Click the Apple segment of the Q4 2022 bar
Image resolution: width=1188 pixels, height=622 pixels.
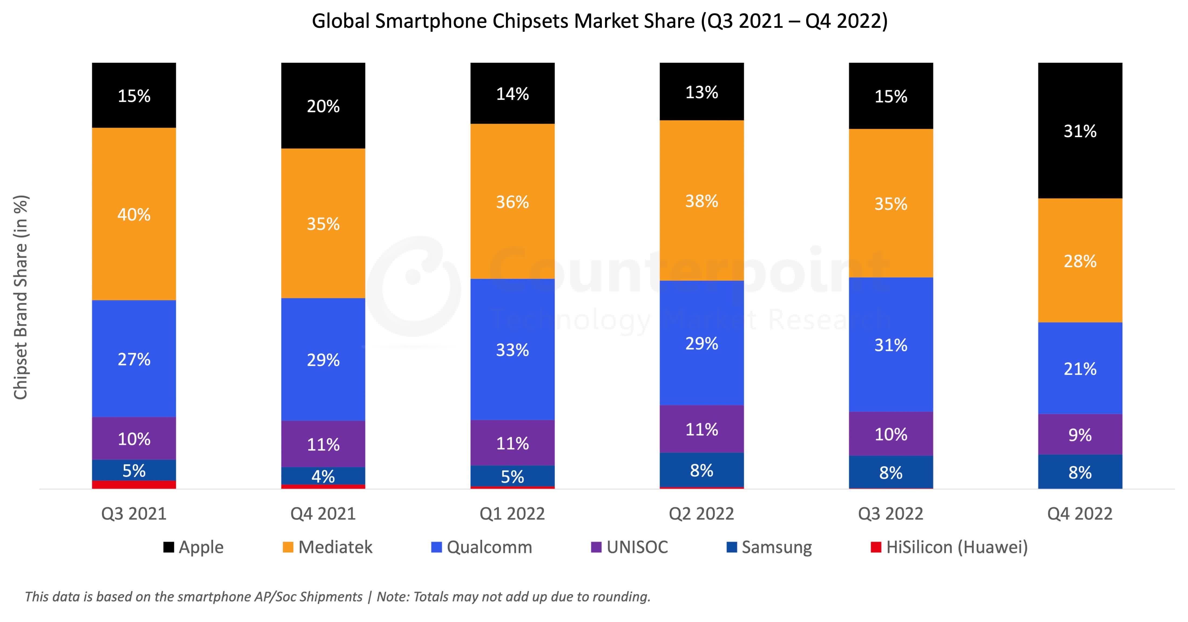pyautogui.click(x=1080, y=131)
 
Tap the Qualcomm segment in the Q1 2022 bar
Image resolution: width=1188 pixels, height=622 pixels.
pyautogui.click(x=512, y=349)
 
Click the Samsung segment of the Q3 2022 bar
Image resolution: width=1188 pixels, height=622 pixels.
pyautogui.click(x=890, y=472)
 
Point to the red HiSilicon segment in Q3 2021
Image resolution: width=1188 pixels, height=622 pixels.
pyautogui.click(x=134, y=485)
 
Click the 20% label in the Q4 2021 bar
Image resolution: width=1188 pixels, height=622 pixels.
pyautogui.click(x=323, y=107)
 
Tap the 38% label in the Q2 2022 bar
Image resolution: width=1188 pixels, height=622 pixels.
pyautogui.click(x=701, y=201)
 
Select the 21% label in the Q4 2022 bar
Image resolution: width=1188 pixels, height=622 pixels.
pyautogui.click(x=1080, y=369)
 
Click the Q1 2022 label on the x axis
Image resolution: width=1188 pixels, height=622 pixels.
pyautogui.click(x=512, y=514)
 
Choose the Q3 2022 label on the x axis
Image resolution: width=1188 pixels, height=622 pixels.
pyautogui.click(x=890, y=514)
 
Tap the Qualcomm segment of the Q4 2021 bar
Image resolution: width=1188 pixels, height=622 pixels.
pyautogui.click(x=323, y=360)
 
